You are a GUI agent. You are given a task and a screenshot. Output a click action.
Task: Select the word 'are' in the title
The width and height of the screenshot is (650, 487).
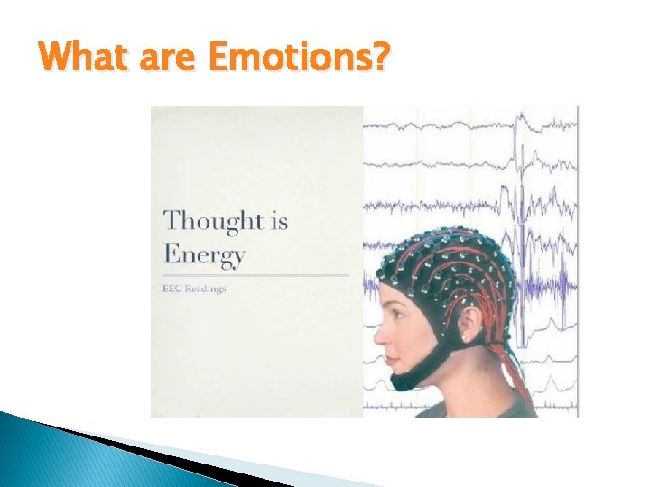pyautogui.click(x=168, y=60)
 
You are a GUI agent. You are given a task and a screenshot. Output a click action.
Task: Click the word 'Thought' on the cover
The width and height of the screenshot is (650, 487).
pyautogui.click(x=213, y=220)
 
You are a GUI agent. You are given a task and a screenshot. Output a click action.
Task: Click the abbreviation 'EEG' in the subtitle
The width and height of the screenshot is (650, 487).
pyautogui.click(x=172, y=289)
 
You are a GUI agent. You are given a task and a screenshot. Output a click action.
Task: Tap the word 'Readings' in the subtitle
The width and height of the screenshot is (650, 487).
pyautogui.click(x=206, y=289)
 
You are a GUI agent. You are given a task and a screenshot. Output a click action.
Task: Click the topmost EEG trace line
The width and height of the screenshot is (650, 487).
pyautogui.click(x=469, y=117)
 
